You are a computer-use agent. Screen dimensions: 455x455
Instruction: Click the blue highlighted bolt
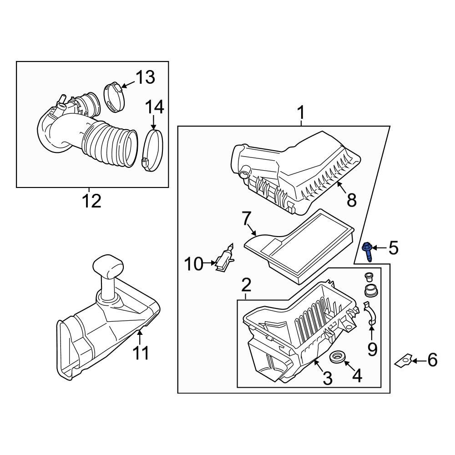coord(367,251)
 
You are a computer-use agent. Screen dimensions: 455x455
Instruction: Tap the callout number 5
coord(393,248)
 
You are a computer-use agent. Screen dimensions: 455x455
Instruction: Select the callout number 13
coord(145,77)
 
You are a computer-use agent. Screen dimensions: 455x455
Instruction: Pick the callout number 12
coord(91,201)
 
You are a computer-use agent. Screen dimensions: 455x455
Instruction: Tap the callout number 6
coord(432,360)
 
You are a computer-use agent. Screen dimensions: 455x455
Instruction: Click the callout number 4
coord(357,376)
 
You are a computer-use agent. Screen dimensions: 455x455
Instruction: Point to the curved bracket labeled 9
coord(371,315)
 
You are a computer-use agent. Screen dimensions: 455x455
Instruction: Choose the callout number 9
coord(372,349)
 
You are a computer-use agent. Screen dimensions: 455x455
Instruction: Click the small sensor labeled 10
coord(224,261)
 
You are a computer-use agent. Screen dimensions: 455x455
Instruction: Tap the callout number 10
coord(193,263)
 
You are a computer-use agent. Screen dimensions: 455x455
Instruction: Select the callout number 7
coord(246,219)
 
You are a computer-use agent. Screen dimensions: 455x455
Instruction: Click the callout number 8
coord(351,200)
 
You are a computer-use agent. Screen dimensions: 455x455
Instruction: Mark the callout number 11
coord(141,353)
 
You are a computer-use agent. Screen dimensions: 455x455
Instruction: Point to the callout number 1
coord(301,111)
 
